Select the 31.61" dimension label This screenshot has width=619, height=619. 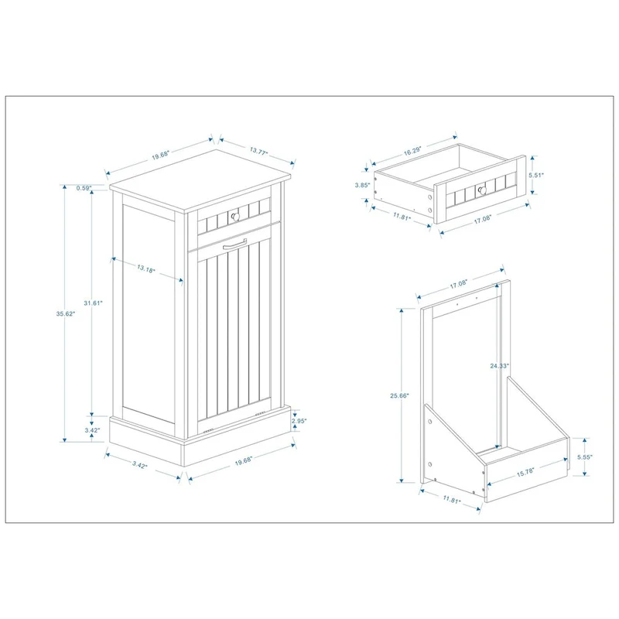tap(92, 303)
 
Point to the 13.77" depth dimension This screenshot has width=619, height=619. tap(258, 152)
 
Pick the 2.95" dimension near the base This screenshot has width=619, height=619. tap(299, 421)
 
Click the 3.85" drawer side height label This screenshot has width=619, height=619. tap(360, 185)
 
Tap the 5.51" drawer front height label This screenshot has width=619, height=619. tap(536, 176)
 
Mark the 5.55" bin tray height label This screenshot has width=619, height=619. tap(587, 458)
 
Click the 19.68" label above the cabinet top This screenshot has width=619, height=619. tap(162, 156)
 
